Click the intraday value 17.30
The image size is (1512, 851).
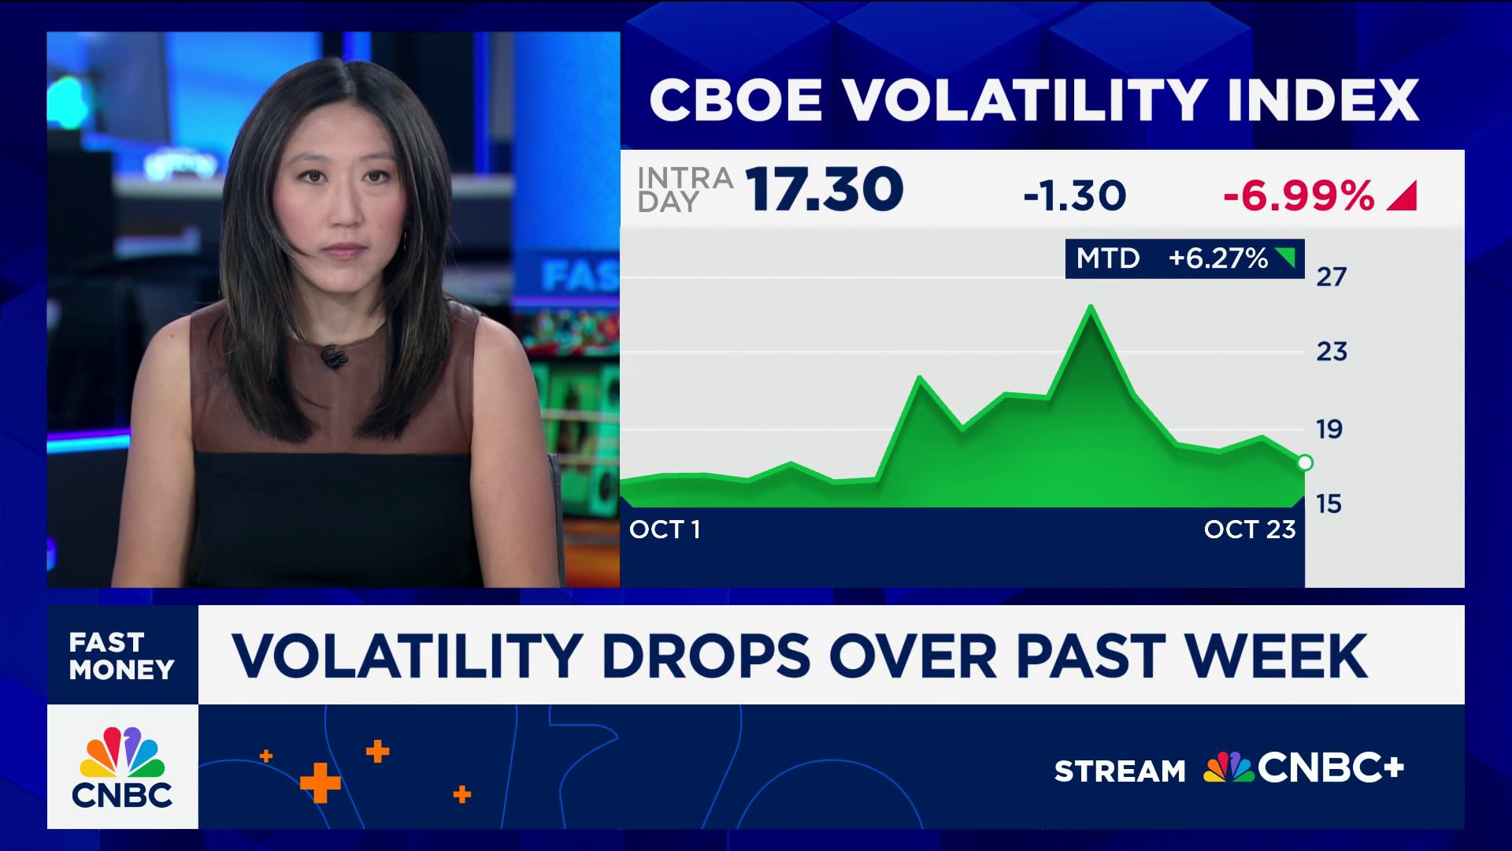(x=825, y=190)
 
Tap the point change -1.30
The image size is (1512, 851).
(x=1074, y=195)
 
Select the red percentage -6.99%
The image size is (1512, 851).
(x=1299, y=195)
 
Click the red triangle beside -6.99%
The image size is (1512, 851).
(x=1403, y=196)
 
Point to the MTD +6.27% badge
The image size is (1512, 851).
(x=1184, y=258)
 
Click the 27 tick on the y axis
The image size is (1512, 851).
(x=1332, y=277)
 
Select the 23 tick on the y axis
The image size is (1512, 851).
(x=1332, y=351)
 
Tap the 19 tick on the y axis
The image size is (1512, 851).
(x=1329, y=429)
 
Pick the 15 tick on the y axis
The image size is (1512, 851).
(x=1329, y=504)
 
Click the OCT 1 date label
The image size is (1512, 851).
(x=665, y=530)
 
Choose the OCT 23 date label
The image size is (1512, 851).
(x=1250, y=530)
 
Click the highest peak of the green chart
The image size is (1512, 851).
(x=1091, y=307)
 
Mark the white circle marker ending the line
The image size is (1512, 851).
(x=1304, y=463)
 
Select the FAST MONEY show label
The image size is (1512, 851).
(x=121, y=656)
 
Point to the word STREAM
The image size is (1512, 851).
(x=1119, y=771)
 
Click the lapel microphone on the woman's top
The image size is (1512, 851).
(x=333, y=356)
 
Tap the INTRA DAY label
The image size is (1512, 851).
(x=684, y=190)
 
